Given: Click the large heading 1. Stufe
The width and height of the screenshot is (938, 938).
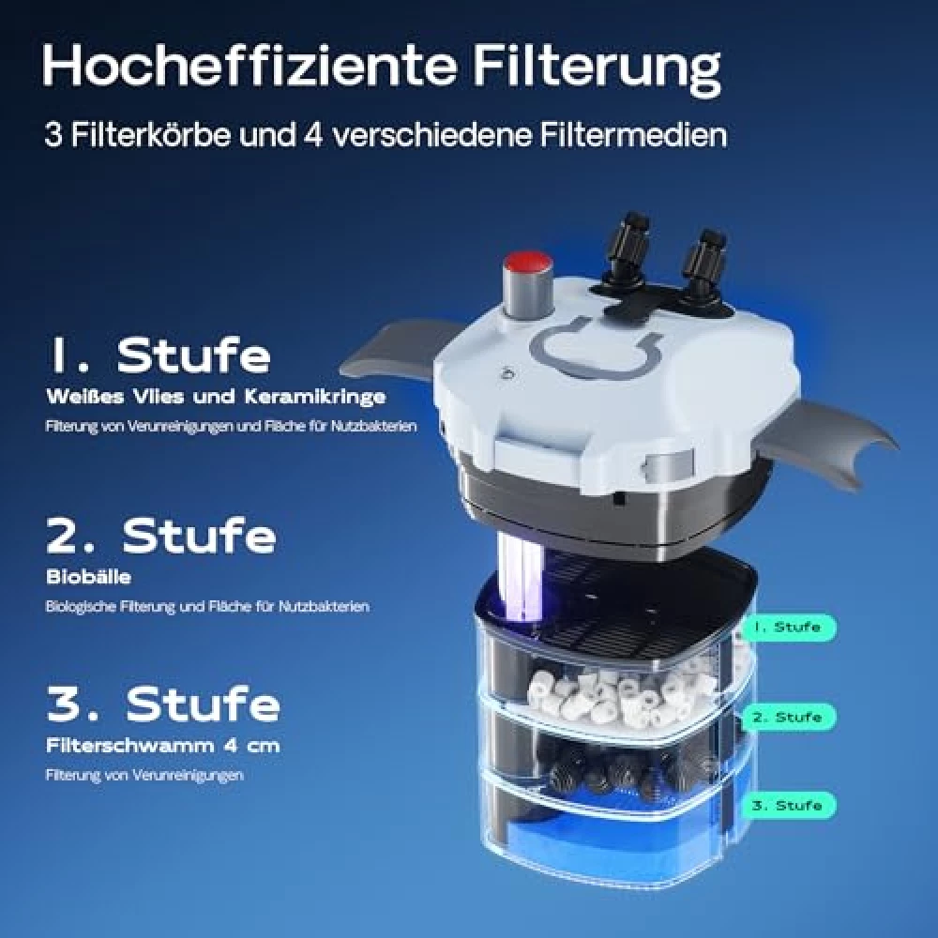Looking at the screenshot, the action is (159, 355).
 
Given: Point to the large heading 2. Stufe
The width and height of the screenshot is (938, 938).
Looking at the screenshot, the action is (161, 535).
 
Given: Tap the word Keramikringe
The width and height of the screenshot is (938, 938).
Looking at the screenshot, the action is (314, 397).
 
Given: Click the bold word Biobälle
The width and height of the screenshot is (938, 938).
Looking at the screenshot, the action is (88, 577).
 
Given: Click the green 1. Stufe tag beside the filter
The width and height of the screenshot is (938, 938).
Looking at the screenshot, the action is (789, 628).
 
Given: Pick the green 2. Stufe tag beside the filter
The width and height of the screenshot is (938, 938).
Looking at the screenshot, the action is (789, 717).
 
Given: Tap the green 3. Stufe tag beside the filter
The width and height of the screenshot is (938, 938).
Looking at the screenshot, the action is (789, 805).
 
